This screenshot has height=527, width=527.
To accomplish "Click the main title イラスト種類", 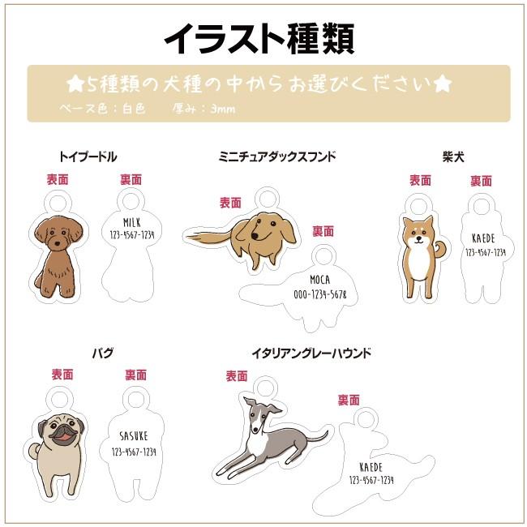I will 259,36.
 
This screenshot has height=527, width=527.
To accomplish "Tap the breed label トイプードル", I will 88,156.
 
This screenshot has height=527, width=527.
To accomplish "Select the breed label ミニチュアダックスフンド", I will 276,156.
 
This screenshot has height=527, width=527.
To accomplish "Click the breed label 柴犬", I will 453,156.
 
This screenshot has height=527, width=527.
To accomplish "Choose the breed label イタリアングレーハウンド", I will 311,353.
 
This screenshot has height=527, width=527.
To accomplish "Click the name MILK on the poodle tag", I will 132,221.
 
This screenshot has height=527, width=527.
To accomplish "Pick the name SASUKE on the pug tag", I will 132,435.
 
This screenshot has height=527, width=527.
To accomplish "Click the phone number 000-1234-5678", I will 319,294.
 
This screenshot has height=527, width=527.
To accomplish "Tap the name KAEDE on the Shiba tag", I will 484,238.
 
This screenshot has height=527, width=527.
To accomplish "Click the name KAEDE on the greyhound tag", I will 371,467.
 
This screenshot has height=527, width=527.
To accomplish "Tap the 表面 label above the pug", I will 62,375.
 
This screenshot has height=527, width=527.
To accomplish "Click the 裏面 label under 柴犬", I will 481,181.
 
